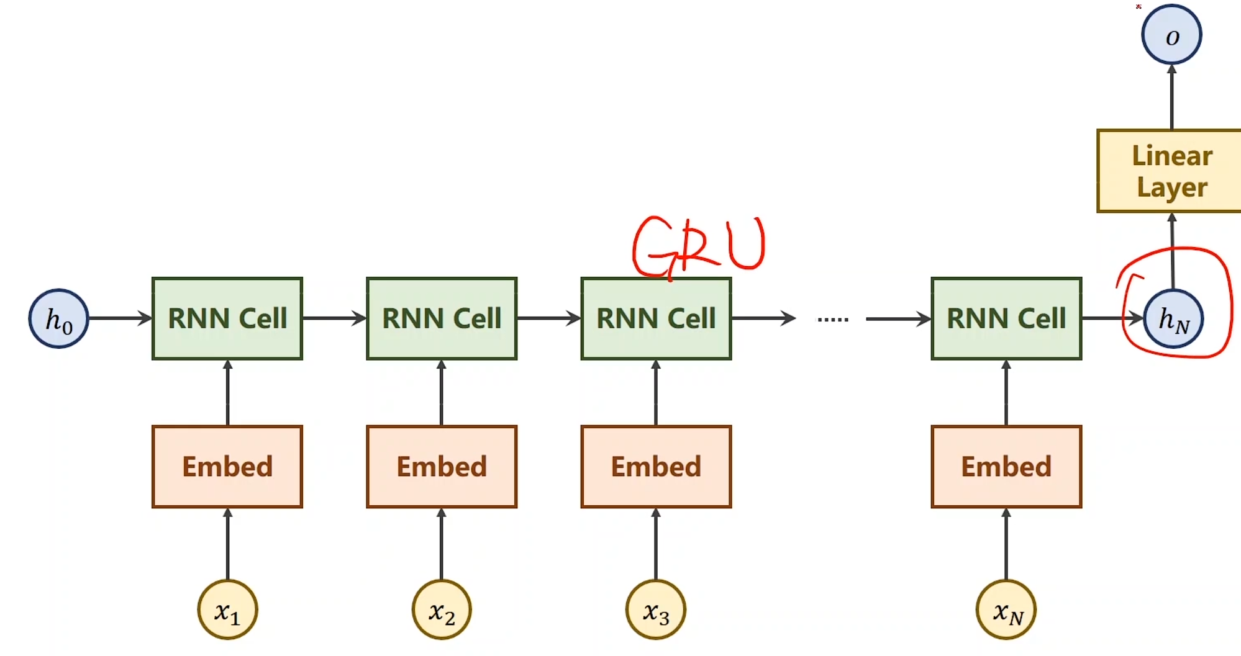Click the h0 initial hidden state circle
[59, 318]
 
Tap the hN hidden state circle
[1173, 319]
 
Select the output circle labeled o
[1171, 35]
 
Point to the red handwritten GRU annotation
[699, 245]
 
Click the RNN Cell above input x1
[227, 318]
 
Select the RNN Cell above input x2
[442, 318]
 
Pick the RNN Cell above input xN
[1006, 318]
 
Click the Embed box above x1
[227, 467]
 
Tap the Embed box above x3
[656, 467]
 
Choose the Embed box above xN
[1006, 467]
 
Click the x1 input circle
[227, 610]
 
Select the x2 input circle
[442, 610]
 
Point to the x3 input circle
[656, 610]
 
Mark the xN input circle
[1006, 610]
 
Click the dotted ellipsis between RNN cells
[833, 320]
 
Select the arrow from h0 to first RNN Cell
[120, 318]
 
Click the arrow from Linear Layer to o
[1171, 97]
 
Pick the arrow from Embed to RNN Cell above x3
[656, 392]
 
